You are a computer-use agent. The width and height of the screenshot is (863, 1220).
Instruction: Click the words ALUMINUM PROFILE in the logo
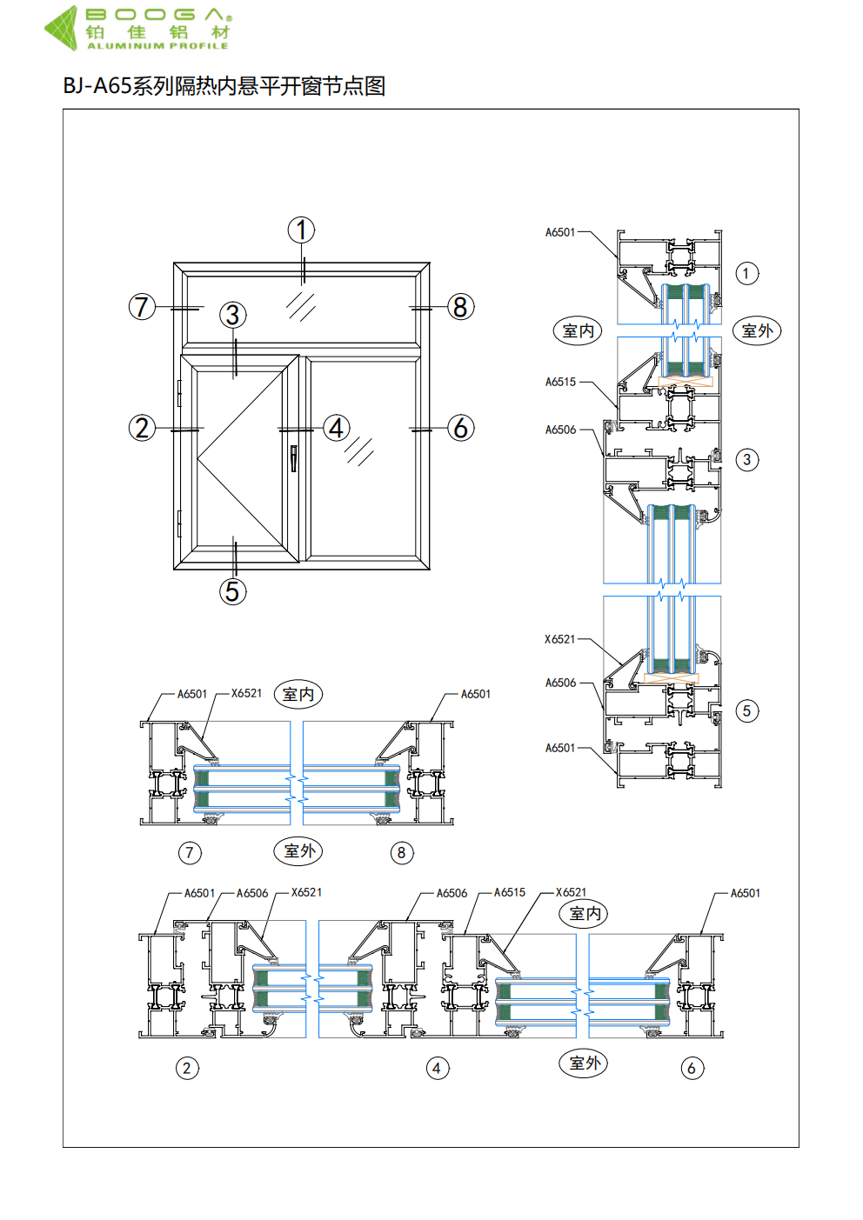157,46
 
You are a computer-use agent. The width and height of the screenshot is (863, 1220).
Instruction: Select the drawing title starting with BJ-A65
224,86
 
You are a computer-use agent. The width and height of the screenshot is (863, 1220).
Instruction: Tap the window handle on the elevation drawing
294,458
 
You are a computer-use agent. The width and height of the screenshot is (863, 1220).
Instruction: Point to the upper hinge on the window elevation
179,393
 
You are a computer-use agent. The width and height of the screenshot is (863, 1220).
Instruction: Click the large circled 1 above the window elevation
301,230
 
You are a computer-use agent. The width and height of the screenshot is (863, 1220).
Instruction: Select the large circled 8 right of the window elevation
461,307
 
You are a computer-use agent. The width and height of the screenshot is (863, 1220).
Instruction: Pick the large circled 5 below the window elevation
232,591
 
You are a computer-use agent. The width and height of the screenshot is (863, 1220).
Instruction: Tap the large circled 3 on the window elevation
232,315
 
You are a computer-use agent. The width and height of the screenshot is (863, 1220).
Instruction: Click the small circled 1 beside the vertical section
747,273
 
